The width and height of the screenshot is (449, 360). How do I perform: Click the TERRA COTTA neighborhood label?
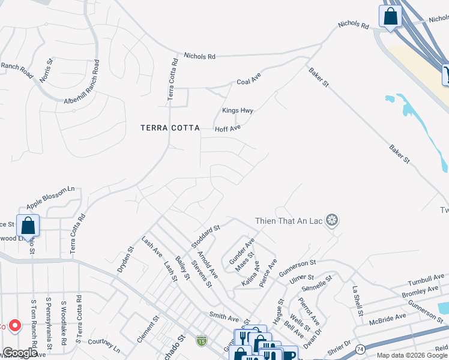pos(169,127)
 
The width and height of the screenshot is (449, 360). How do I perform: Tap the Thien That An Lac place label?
pos(289,221)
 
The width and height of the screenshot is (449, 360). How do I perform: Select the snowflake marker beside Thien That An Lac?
pos(332,221)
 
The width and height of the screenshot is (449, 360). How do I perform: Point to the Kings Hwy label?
pos(238,111)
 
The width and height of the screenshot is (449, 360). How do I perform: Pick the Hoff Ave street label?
pos(228,128)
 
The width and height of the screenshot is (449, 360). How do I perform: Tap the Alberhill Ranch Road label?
pos(88,94)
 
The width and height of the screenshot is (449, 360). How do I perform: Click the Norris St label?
pos(47,70)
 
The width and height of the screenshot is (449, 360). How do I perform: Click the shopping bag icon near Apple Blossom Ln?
pos(28,226)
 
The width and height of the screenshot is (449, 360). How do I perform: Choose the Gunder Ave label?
pos(243,250)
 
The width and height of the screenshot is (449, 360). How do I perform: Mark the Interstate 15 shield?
pos(201,341)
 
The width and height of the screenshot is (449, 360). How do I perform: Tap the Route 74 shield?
pos(360,348)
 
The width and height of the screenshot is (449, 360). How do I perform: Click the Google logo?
pos(20,353)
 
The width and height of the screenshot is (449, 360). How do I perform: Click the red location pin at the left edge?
pos(16,326)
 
